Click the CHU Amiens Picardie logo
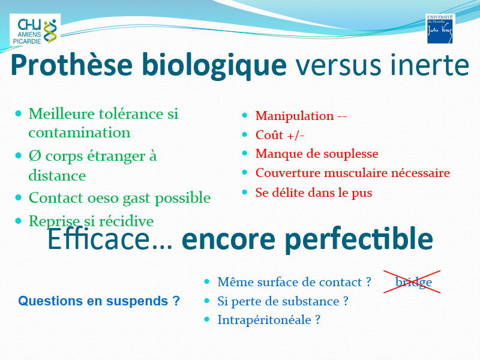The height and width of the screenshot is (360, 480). click(35, 29)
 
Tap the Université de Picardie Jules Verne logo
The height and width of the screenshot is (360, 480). click(440, 28)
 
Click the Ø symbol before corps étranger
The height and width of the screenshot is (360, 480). click(35, 156)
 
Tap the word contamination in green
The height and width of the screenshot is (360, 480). click(79, 133)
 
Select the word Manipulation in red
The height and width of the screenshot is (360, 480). click(295, 116)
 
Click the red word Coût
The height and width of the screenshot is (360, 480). click(269, 134)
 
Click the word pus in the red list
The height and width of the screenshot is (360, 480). click(362, 193)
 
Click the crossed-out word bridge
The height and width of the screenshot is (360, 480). click(413, 281)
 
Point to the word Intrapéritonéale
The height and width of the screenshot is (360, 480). click(264, 320)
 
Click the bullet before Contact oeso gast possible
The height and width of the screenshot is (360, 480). click(19, 197)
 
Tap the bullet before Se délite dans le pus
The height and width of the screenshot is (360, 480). click(244, 192)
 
